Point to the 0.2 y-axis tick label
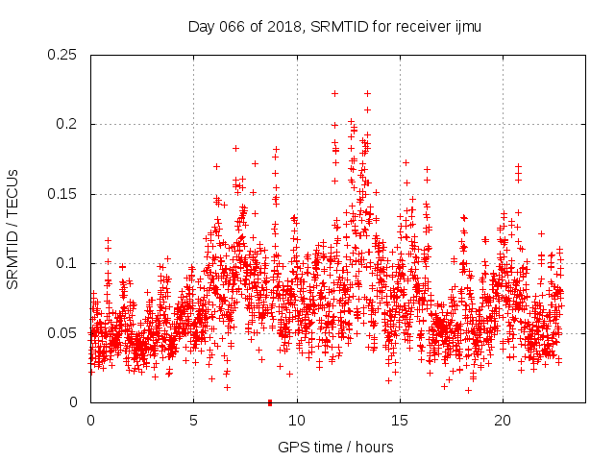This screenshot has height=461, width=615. coord(69,125)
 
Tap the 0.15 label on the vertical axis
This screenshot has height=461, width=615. coord(65,194)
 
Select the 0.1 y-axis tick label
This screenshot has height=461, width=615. coord(69,263)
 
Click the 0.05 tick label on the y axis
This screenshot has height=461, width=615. coord(65,333)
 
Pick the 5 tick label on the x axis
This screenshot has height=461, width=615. coord(194,421)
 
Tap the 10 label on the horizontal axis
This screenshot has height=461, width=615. coord(297,421)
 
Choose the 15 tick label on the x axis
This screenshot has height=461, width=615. coord(400,421)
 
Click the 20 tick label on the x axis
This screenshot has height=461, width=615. coord(503,421)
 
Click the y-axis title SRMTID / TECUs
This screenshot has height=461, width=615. coord(13,229)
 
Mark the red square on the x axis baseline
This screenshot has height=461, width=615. coord(270,401)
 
